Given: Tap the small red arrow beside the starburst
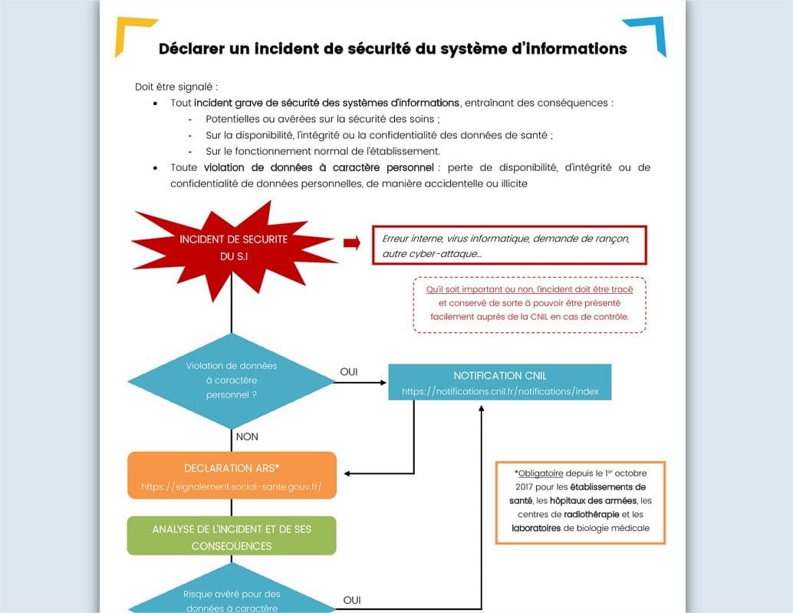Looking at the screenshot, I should click(351, 243).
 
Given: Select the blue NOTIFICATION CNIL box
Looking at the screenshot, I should click(499, 382).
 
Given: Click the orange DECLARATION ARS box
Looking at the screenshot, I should click(232, 476).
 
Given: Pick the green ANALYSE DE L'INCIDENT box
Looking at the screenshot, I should click(232, 537).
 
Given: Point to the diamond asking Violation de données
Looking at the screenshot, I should click(232, 381).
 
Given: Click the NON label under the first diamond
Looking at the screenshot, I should click(247, 437).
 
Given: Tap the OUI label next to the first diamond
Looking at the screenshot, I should click(349, 373).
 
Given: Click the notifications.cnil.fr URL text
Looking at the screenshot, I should click(505, 391).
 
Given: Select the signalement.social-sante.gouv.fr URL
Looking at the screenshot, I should click(232, 486).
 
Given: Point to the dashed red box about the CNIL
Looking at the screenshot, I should click(529, 304).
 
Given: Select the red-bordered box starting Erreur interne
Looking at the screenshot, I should click(509, 246).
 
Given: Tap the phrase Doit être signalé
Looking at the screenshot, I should click(176, 87).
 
